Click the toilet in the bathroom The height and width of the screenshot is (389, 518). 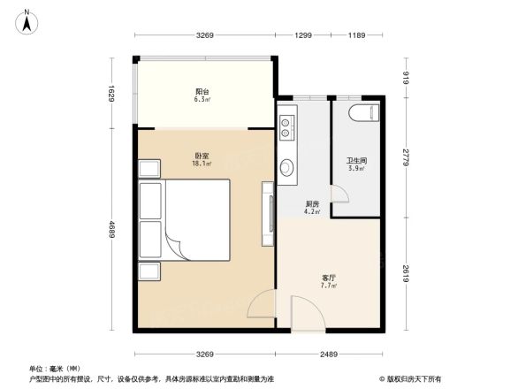click(363, 113)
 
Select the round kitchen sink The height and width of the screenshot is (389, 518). click(287, 167)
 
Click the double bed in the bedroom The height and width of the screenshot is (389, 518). click(187, 218)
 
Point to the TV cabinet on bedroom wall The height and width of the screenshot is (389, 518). click(265, 214)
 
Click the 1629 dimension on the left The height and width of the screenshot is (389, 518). click(113, 92)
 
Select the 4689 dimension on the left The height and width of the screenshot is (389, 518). click(113, 228)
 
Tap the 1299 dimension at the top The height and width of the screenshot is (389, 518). click(303, 35)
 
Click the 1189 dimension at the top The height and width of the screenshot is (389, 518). click(357, 35)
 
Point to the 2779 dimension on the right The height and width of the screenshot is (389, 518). click(406, 157)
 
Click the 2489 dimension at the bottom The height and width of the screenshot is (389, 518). click(331, 356)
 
